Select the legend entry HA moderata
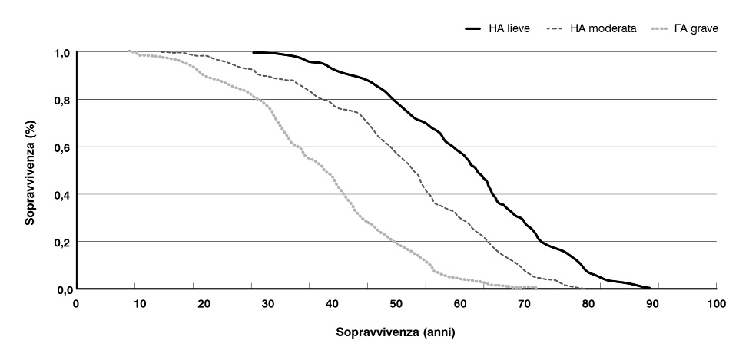pos(602,29)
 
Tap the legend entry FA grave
pos(695,29)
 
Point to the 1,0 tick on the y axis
pos(61,52)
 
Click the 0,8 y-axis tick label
pos(61,100)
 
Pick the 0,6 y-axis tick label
pos(61,147)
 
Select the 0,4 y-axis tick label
pos(61,195)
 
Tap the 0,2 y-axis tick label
pos(61,242)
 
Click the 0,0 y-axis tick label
pos(61,289)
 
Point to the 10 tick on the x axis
pos(141,305)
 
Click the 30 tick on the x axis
pos(268,305)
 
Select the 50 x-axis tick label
pos(396,305)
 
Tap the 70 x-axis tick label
pos(525,305)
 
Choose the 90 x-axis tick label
pos(652,305)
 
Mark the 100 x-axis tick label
pos(716,305)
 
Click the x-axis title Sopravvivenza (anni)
pos(396,335)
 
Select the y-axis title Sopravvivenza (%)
pos(31,170)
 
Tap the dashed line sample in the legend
pos(556,29)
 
